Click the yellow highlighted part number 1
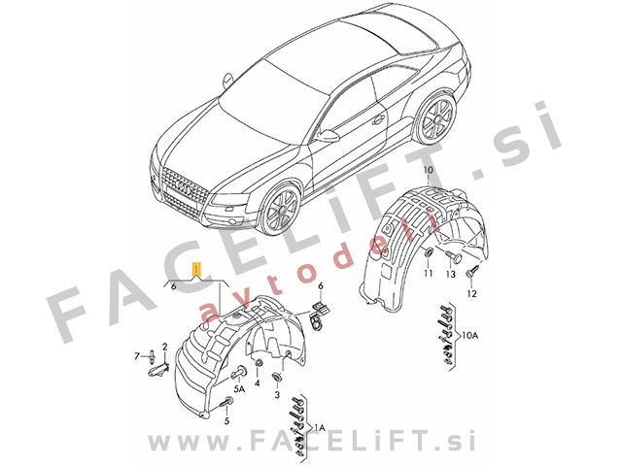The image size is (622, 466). pyautogui.click(x=196, y=269)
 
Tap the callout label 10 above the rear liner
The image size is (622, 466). pyautogui.click(x=429, y=171)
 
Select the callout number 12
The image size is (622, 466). pyautogui.click(x=471, y=293)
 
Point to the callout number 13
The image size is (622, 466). pyautogui.click(x=451, y=274)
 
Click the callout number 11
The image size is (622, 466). pyautogui.click(x=428, y=273)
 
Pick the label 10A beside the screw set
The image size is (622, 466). pyautogui.click(x=470, y=336)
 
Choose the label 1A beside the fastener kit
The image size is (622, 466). pyautogui.click(x=320, y=427)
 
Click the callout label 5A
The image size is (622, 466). pyautogui.click(x=239, y=390)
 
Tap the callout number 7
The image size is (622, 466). pyautogui.click(x=137, y=356)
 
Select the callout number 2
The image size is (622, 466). pyautogui.click(x=164, y=348)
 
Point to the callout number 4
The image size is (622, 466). pyautogui.click(x=257, y=383)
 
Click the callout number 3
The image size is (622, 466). pyautogui.click(x=277, y=395)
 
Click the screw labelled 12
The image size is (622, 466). pyautogui.click(x=473, y=271)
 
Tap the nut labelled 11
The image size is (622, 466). pyautogui.click(x=429, y=252)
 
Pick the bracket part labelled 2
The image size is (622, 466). pyautogui.click(x=158, y=369)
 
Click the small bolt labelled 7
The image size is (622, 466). pyautogui.click(x=153, y=356)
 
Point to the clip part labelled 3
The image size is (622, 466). pyautogui.click(x=276, y=377)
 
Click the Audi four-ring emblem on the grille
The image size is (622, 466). pyautogui.click(x=184, y=187)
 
